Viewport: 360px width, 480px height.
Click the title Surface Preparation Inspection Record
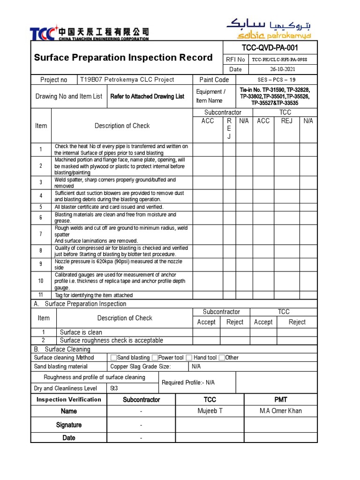(x=123, y=58)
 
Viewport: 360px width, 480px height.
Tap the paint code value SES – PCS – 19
(x=277, y=80)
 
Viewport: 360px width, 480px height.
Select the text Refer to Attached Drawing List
(x=147, y=96)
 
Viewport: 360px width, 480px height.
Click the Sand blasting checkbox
(x=113, y=358)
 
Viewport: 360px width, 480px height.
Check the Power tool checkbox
(x=155, y=358)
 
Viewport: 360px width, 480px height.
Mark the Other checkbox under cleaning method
(x=222, y=358)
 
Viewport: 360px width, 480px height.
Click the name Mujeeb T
(x=210, y=411)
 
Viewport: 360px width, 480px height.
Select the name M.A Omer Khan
(x=281, y=411)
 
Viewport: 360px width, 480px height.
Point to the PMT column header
(x=281, y=399)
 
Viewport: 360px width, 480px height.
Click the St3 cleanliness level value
(x=114, y=388)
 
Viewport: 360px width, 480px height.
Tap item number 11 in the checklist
(x=41, y=295)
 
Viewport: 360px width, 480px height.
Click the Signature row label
(x=69, y=425)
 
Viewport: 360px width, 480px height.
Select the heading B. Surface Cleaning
(x=62, y=349)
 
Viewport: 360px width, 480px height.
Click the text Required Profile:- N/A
(x=188, y=382)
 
